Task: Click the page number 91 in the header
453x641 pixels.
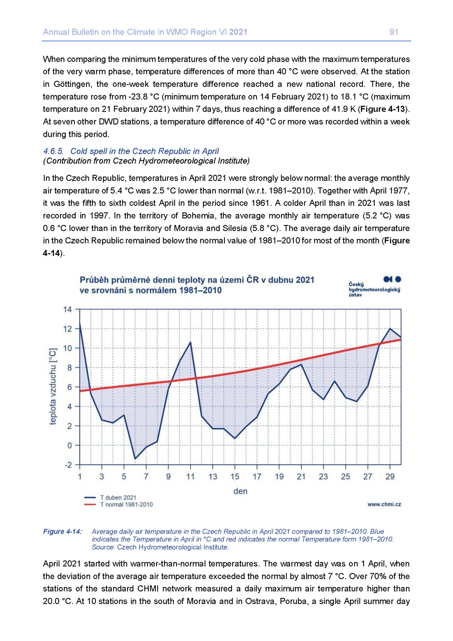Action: coord(394,32)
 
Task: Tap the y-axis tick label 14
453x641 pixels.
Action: coord(67,309)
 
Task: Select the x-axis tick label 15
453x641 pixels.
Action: coord(235,477)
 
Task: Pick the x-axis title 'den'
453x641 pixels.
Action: coord(240,491)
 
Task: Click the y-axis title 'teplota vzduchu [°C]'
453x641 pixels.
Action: coord(53,387)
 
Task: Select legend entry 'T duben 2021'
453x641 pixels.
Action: coord(118,498)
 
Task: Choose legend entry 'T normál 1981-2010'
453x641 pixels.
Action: coord(126,505)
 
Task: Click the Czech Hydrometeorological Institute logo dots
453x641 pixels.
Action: coord(392,279)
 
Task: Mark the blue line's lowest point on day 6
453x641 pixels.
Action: coord(135,459)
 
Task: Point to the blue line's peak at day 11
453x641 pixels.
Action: coord(190,342)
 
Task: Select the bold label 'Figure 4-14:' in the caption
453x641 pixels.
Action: coord(63,532)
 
